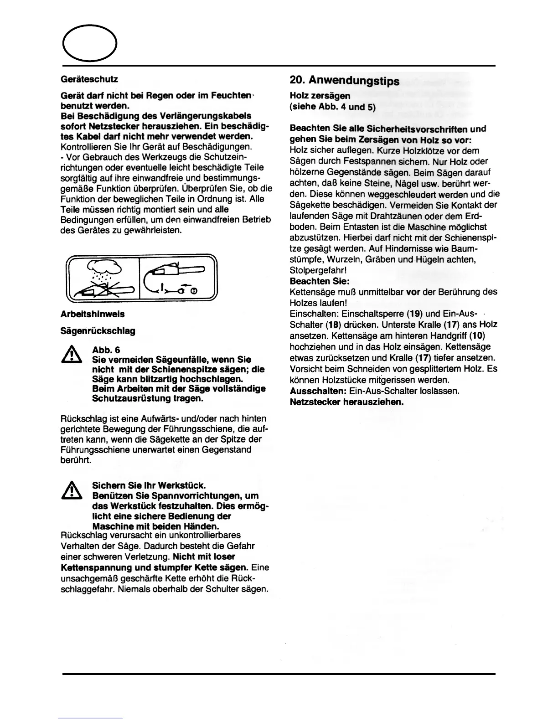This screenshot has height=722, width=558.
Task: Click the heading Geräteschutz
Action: (89, 79)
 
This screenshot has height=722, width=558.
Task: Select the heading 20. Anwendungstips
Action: (344, 81)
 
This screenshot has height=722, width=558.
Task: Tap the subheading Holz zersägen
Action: (320, 96)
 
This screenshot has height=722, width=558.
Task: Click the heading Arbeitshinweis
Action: (92, 314)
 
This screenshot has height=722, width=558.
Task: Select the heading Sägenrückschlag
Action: (98, 331)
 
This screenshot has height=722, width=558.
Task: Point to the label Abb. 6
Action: (106, 350)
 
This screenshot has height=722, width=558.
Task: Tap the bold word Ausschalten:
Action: (318, 391)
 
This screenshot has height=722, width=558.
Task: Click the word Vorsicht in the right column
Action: (305, 369)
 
